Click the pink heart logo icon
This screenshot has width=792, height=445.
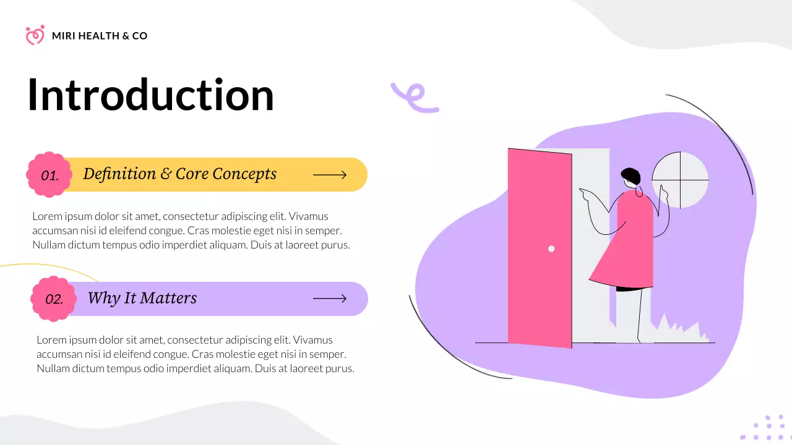(x=35, y=35)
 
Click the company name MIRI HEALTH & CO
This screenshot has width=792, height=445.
(x=100, y=36)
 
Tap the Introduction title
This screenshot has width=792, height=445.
(x=150, y=95)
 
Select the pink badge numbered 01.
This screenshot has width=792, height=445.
(x=49, y=175)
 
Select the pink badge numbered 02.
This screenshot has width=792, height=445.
(x=53, y=299)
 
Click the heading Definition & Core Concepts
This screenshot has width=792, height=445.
(x=179, y=174)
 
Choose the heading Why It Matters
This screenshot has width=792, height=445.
(x=142, y=298)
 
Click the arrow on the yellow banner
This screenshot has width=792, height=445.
(x=330, y=175)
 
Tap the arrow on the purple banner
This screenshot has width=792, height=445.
(x=330, y=299)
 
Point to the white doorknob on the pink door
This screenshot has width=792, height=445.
(x=551, y=249)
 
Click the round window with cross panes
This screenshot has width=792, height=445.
(x=680, y=180)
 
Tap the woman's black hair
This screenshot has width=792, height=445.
(x=631, y=176)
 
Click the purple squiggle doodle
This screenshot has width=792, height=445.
(x=414, y=98)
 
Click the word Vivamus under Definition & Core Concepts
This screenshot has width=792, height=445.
(x=308, y=216)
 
